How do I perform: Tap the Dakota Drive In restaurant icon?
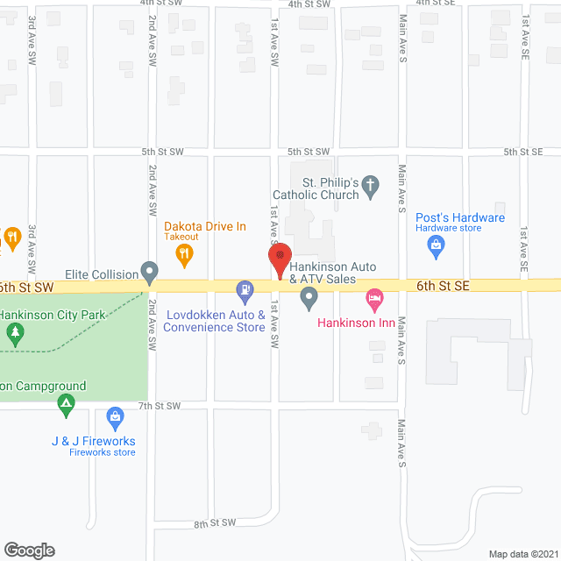point(184,255)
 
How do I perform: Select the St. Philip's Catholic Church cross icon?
point(371,184)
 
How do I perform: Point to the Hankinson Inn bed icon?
point(374,301)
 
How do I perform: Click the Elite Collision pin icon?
point(150,273)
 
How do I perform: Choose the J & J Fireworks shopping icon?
point(115,416)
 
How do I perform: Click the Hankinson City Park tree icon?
point(14,333)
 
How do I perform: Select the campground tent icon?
point(66,405)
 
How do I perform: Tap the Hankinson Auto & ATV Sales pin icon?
point(309,300)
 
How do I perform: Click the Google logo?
point(29,550)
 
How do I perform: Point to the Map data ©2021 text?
point(521,553)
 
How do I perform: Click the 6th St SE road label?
point(444,286)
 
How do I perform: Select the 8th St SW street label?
point(217,523)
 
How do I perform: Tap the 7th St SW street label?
point(160,406)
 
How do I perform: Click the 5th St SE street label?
point(523,152)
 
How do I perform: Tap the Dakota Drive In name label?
point(206,226)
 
